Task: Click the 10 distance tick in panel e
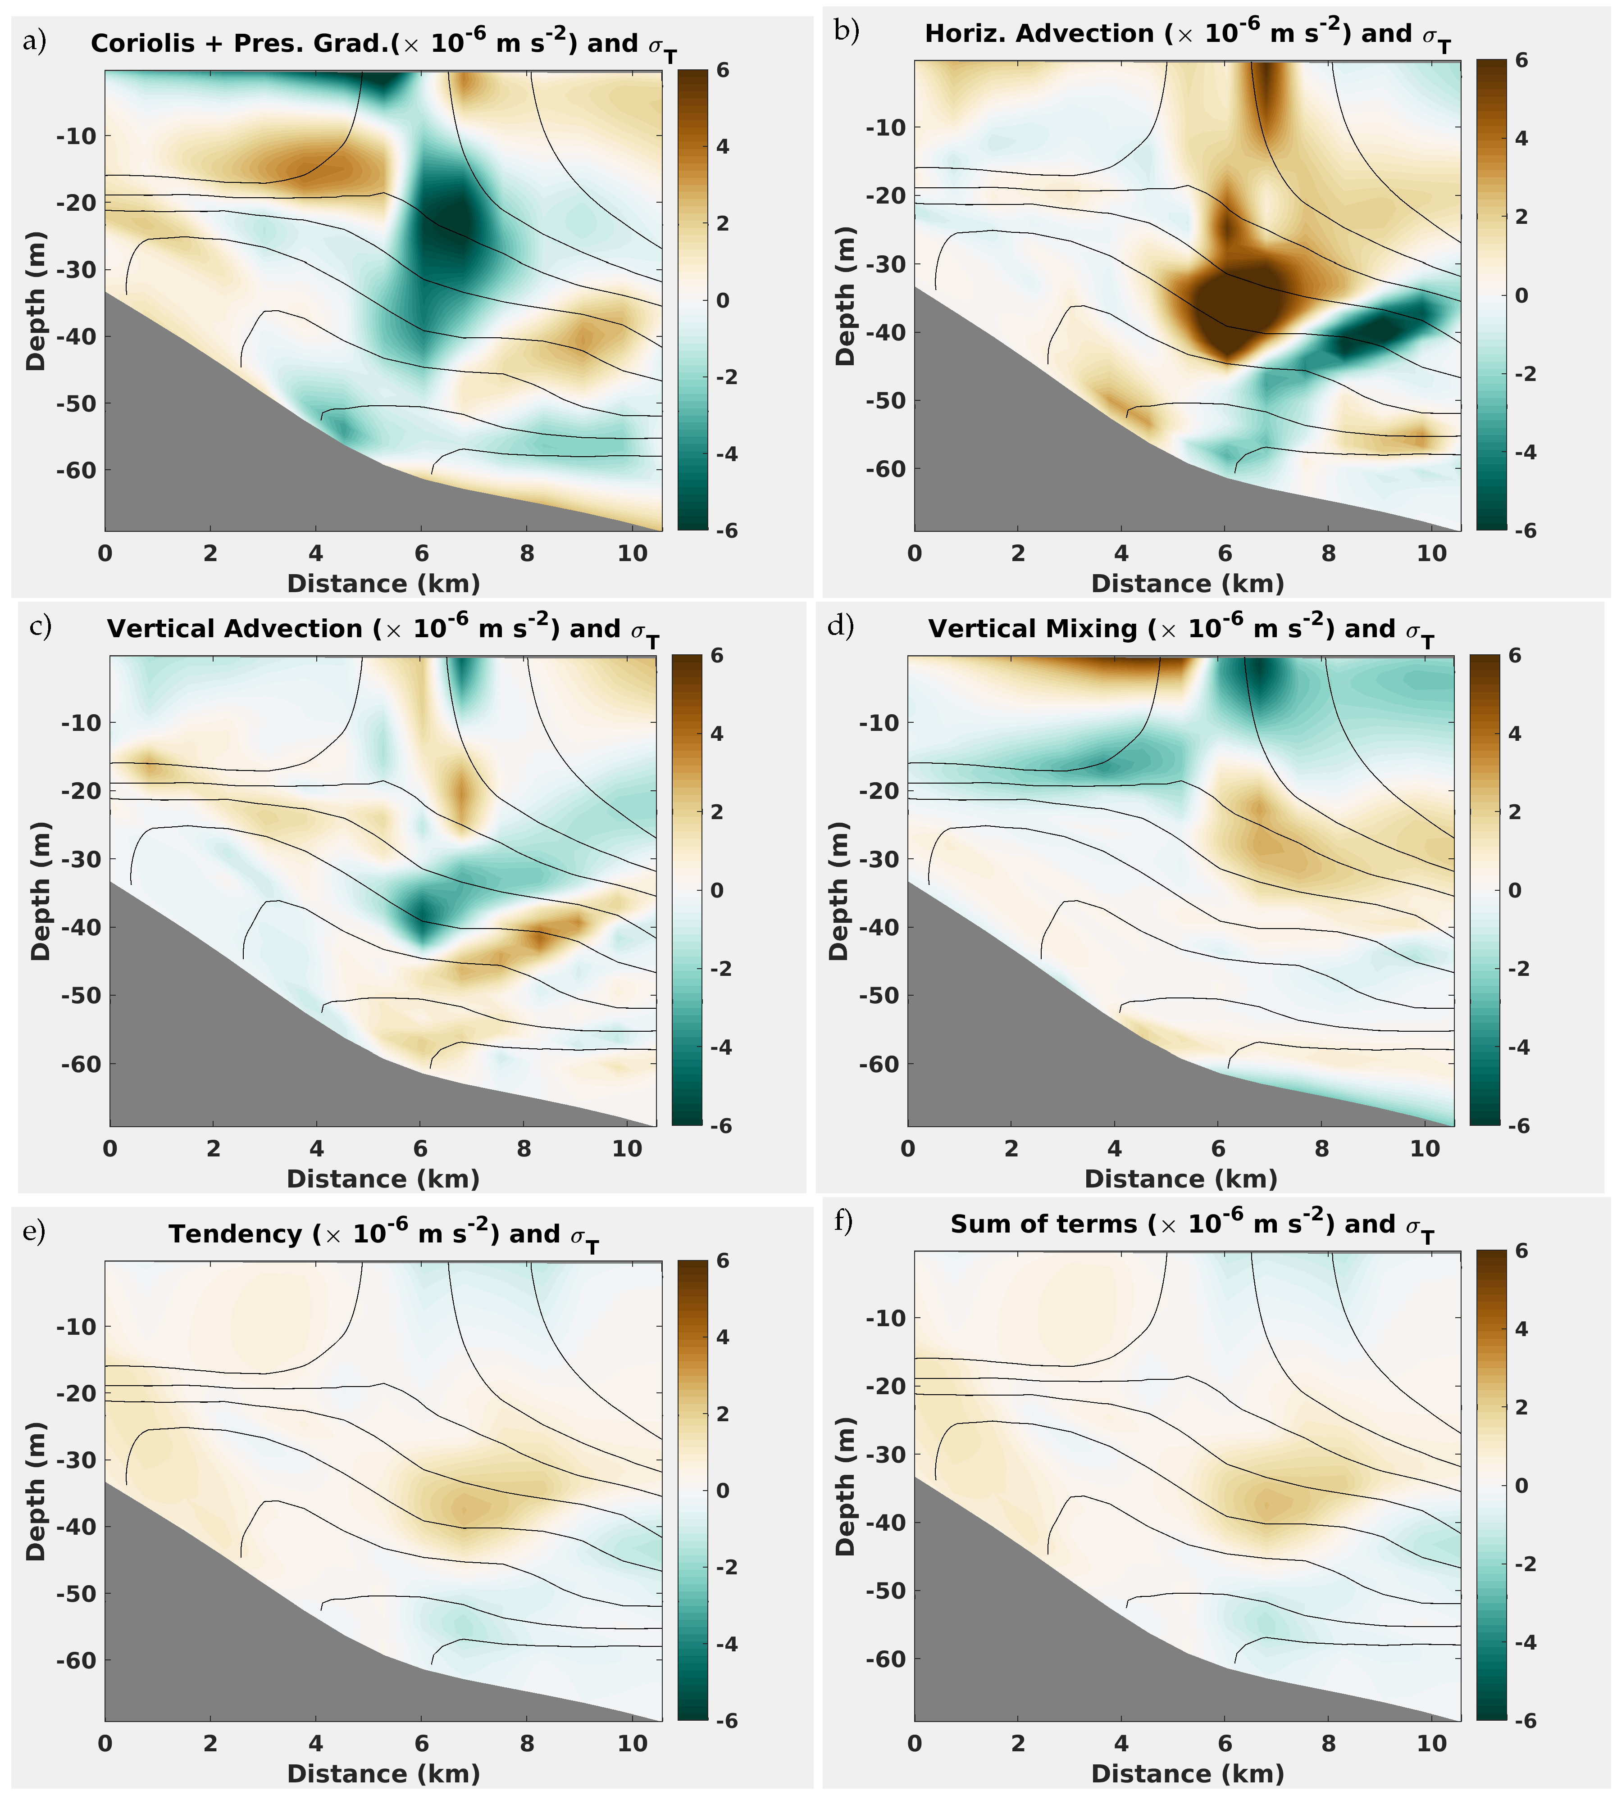(633, 1744)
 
